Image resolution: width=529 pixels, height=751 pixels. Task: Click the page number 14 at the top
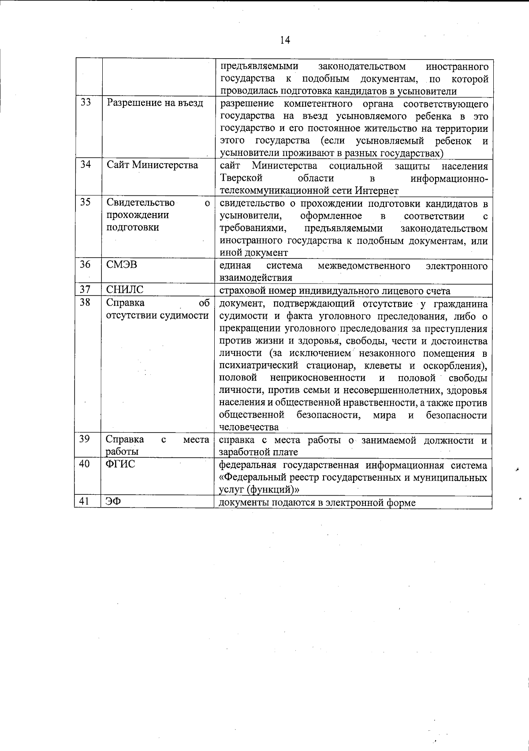point(285,40)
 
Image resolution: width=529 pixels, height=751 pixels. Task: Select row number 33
point(86,103)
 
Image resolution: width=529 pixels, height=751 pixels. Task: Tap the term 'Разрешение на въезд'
point(155,103)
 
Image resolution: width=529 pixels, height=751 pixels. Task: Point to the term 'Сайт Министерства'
point(152,165)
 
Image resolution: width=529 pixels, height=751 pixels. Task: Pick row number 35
point(86,202)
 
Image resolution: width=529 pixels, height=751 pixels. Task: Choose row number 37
point(86,289)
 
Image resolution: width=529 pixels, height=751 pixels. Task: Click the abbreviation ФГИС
point(120,464)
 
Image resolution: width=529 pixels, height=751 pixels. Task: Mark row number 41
point(85,501)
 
